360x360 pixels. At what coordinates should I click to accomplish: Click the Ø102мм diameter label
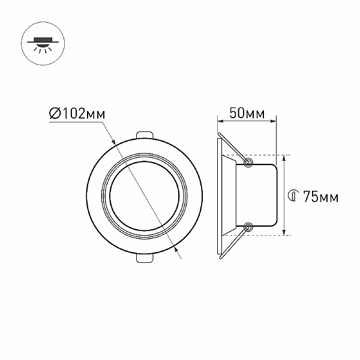[77, 113]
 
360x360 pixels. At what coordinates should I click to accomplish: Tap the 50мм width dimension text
[247, 113]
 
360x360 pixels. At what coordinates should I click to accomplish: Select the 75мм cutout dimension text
[321, 197]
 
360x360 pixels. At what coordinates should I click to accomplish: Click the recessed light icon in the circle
[43, 44]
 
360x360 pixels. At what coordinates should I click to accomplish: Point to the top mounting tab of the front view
[144, 135]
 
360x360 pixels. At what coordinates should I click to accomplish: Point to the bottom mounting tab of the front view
[144, 257]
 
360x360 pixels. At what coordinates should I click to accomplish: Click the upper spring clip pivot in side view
[248, 163]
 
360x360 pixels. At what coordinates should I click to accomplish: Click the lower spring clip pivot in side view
[248, 227]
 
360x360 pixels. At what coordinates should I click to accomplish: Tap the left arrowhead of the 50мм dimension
[220, 121]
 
